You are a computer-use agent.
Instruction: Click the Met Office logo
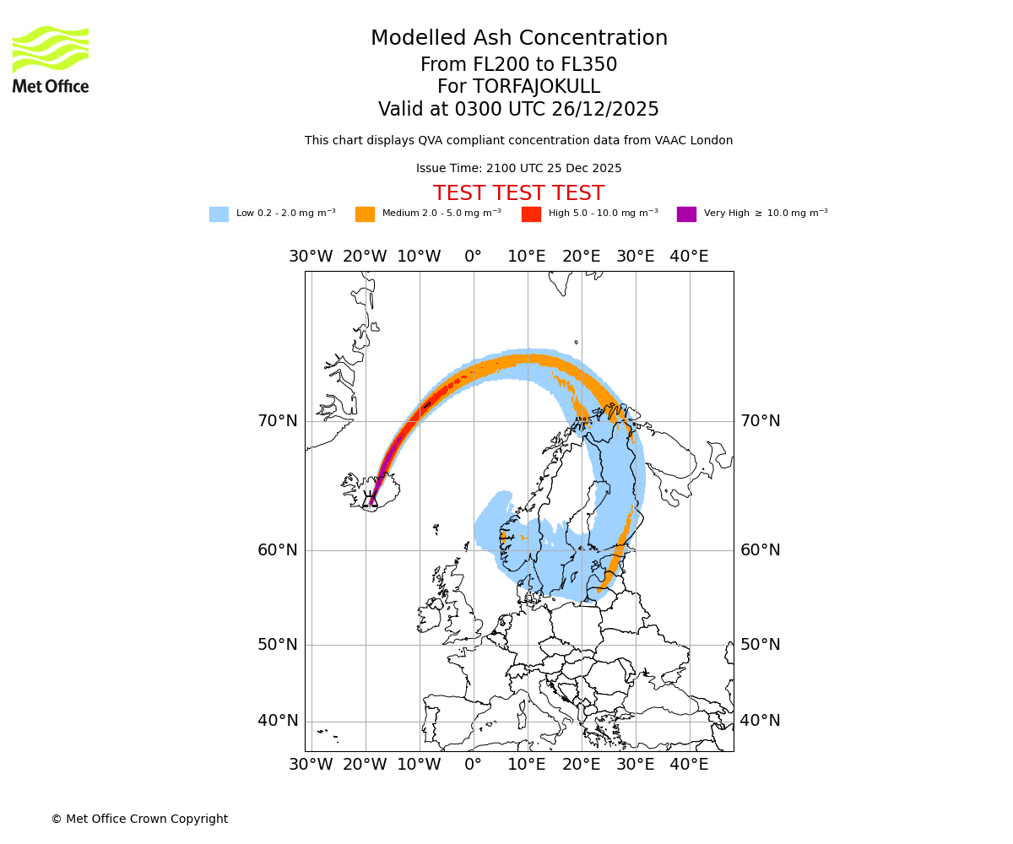[x=51, y=59]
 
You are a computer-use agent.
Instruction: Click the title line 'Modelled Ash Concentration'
[x=518, y=39]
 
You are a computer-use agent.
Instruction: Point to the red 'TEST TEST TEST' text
[x=518, y=193]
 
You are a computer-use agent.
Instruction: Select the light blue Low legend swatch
[x=219, y=214]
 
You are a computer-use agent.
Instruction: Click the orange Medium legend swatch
[x=365, y=214]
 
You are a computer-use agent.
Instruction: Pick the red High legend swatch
[x=531, y=214]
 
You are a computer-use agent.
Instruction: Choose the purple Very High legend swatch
[x=686, y=214]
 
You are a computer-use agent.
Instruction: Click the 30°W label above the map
[x=311, y=257]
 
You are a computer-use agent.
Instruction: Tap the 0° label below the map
[x=473, y=765]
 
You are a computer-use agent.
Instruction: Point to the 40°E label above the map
[x=689, y=257]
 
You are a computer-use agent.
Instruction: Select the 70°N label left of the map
[x=278, y=421]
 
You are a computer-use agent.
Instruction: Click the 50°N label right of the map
[x=760, y=645]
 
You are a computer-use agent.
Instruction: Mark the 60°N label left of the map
[x=278, y=550]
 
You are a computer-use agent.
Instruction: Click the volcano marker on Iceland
[x=370, y=499]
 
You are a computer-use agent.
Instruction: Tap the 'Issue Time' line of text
[x=518, y=169]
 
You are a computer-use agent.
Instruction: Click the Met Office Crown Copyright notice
[x=139, y=820]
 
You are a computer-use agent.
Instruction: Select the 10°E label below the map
[x=527, y=765]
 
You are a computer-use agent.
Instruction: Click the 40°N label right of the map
[x=760, y=721]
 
